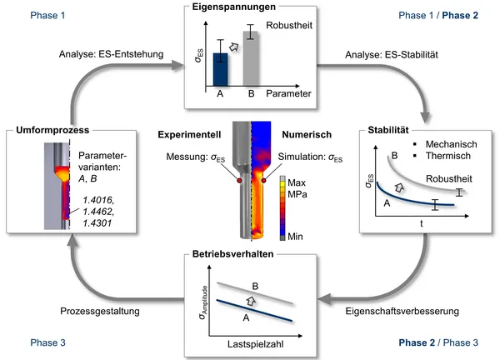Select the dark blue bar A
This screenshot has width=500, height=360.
220,69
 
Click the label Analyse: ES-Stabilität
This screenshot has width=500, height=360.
392,57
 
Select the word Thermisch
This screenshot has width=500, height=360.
448,156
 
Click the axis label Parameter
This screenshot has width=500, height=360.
287,93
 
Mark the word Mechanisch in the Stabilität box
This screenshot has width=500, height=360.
452,143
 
